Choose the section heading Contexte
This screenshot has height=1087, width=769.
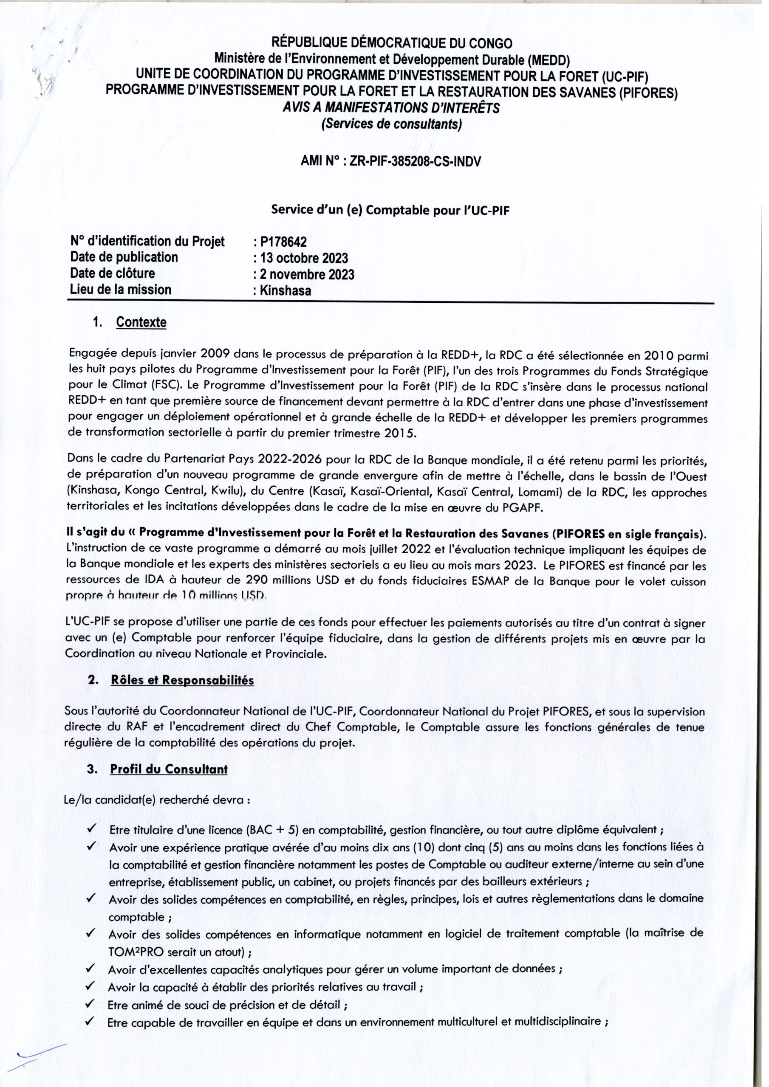click(141, 322)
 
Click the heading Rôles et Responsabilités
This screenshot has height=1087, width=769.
click(182, 680)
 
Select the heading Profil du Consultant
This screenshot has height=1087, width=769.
click(169, 769)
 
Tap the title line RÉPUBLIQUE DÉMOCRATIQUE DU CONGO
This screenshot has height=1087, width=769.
click(391, 44)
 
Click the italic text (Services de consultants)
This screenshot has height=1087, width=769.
click(391, 124)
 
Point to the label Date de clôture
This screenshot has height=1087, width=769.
click(112, 273)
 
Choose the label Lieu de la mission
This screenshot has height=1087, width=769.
click(120, 289)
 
